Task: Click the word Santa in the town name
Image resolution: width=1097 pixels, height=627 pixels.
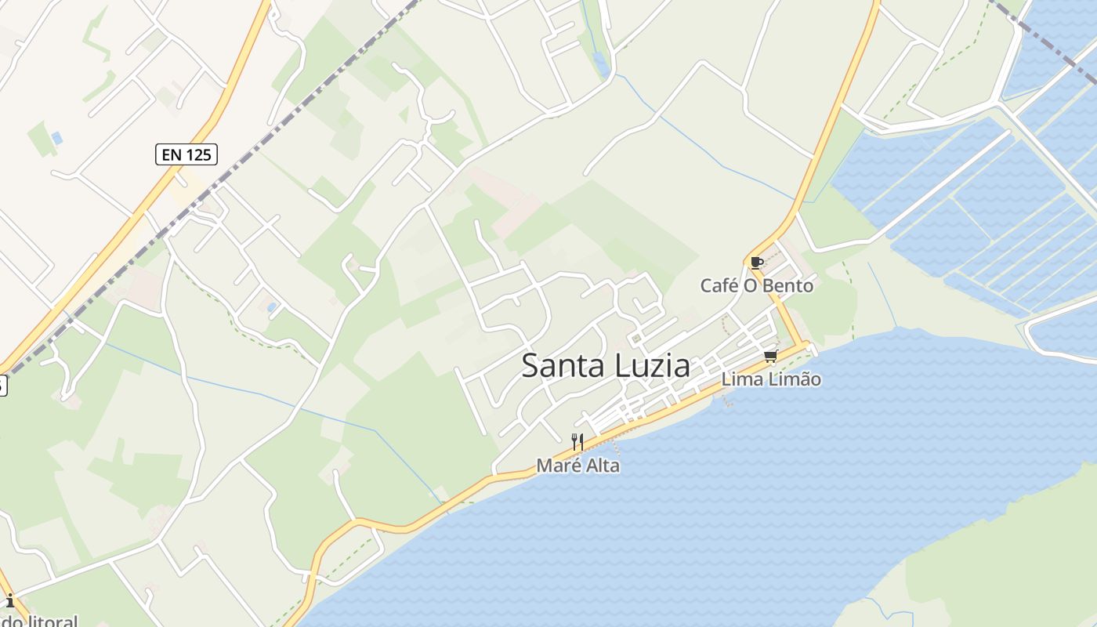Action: tap(559, 366)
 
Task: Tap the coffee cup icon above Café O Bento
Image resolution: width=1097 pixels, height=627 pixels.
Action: tap(756, 263)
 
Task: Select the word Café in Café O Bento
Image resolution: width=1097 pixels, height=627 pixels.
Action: tap(719, 286)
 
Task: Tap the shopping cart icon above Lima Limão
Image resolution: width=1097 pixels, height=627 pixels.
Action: tap(771, 357)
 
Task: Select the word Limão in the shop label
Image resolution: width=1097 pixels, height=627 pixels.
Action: tap(794, 379)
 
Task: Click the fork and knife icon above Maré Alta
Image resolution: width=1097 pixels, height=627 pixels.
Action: tap(577, 442)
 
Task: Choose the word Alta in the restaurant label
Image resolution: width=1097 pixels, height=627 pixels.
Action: tap(600, 466)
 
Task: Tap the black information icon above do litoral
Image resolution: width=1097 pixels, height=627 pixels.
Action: tap(10, 601)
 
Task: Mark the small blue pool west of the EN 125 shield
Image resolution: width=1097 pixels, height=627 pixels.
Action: tap(56, 138)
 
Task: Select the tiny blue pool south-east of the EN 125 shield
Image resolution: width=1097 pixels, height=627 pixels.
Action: tap(271, 307)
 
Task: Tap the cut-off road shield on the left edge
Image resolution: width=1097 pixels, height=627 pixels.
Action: tap(2, 385)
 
